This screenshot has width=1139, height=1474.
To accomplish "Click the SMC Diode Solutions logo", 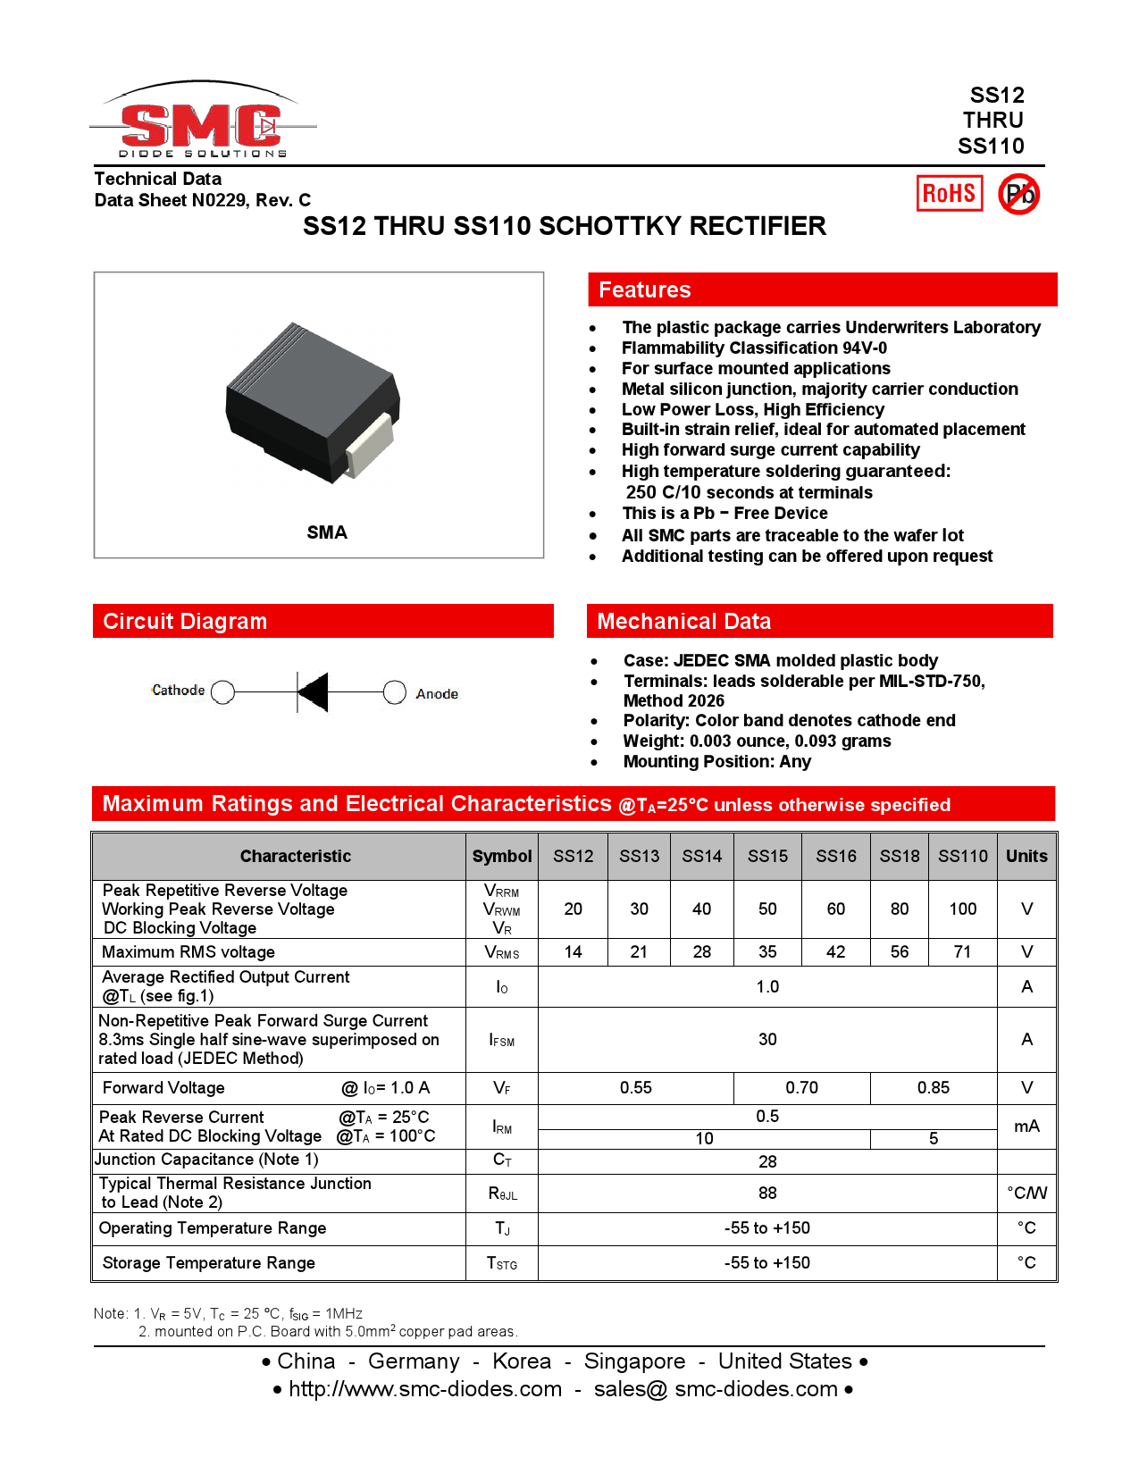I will (x=202, y=123).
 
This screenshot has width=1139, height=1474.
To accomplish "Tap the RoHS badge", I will (x=949, y=193).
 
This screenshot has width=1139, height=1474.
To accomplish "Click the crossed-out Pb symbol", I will (x=1018, y=194).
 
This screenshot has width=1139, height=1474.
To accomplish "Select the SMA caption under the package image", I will (x=327, y=532).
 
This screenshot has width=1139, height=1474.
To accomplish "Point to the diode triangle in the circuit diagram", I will (x=314, y=692).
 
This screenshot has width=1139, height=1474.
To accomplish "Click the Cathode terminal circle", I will (x=223, y=692).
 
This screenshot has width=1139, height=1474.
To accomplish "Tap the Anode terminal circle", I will (x=394, y=692).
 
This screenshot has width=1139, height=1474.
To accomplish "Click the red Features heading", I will (x=644, y=289).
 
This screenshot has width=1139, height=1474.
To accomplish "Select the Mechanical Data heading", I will (x=683, y=621).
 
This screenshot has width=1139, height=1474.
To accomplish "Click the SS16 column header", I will (x=835, y=856).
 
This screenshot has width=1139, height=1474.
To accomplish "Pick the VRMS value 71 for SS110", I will (x=962, y=951).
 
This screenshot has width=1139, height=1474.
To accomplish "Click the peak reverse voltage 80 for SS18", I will (x=899, y=909).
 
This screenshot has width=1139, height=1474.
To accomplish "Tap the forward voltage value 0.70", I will (x=801, y=1087).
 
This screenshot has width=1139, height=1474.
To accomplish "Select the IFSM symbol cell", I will (x=501, y=1040).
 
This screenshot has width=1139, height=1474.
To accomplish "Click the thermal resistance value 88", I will (x=767, y=1193).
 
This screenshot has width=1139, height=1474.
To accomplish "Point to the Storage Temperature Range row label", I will (x=209, y=1262).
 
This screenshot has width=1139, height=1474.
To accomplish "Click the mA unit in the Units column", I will (x=1026, y=1126).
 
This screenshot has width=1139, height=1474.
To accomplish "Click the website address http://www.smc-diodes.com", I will (x=425, y=1389).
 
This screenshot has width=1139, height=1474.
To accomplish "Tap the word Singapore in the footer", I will (x=634, y=1361).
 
